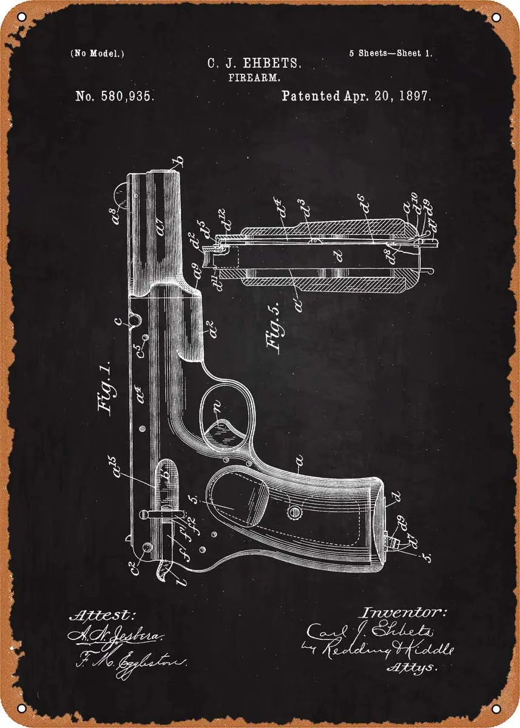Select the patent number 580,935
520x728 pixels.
[x=115, y=96]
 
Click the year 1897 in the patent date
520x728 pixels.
[x=412, y=96]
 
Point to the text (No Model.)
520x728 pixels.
[x=97, y=53]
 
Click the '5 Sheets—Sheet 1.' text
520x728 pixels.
[x=390, y=53]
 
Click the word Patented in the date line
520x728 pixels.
[x=311, y=96]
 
